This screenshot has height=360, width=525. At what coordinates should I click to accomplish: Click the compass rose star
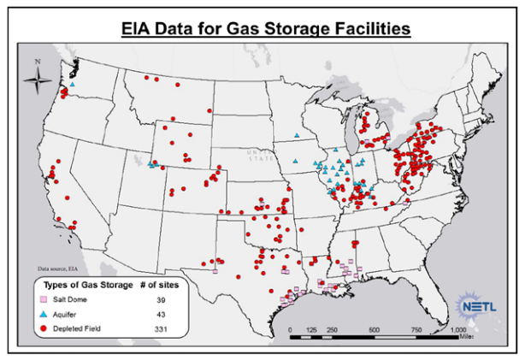(x=38, y=81)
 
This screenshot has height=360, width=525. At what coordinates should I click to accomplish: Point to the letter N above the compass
(x=38, y=62)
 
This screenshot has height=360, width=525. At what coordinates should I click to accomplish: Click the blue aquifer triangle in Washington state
(x=74, y=85)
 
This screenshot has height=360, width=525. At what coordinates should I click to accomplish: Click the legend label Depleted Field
(x=86, y=328)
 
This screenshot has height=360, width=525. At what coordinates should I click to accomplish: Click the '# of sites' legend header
(x=159, y=285)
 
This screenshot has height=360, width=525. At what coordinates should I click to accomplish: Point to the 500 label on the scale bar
(x=375, y=329)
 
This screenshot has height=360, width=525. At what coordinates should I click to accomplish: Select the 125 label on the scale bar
(x=311, y=329)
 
